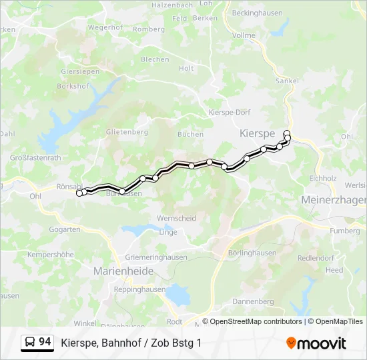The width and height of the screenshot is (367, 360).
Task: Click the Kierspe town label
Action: (257, 134)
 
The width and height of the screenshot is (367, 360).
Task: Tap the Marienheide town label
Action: (123, 271)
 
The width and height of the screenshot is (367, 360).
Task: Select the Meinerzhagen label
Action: (334, 200)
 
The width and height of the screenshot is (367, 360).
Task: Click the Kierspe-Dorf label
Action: (229, 113)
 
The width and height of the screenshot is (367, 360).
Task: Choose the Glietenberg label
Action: (127, 132)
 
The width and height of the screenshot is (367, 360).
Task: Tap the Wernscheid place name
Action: (176, 218)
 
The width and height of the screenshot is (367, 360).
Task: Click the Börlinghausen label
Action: (252, 253)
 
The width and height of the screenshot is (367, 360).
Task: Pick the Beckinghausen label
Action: (257, 13)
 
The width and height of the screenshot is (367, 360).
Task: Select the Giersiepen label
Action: (80, 71)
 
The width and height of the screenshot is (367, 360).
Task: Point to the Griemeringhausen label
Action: (156, 257)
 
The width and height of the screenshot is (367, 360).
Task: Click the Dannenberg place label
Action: (253, 301)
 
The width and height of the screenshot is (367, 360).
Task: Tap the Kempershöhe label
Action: (50, 255)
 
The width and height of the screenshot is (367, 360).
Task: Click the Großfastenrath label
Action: (35, 158)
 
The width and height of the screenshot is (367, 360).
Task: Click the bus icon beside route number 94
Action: (30, 343)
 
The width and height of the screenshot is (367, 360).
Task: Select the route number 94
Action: (45, 342)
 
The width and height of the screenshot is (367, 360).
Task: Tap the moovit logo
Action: (316, 343)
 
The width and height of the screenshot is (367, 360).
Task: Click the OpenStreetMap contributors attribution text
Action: (256, 321)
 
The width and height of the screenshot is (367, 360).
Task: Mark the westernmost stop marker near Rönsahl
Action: (79, 193)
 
